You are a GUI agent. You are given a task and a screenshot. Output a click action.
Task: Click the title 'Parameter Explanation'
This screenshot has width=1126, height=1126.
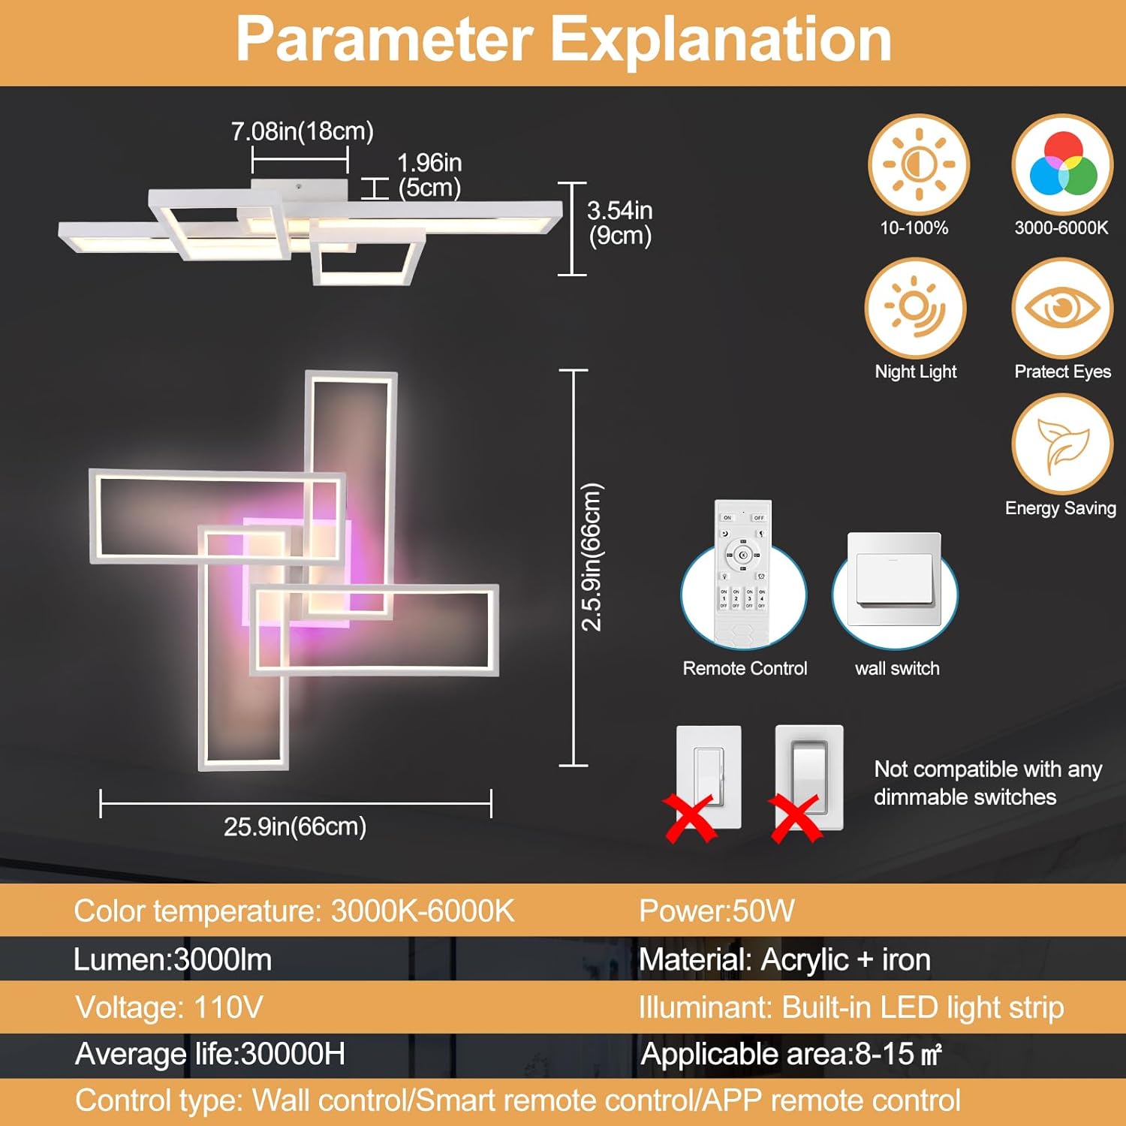point(564,41)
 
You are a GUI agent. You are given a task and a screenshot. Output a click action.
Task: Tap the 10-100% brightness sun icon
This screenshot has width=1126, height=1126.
point(919,164)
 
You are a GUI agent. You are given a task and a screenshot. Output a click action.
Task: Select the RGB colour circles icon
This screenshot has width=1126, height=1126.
point(1062,164)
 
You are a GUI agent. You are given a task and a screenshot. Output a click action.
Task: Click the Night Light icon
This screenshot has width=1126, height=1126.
point(915,308)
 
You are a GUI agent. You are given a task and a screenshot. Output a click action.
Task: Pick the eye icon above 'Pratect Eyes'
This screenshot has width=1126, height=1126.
point(1062,308)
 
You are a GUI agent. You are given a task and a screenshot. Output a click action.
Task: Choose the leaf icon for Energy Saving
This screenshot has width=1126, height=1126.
point(1062,444)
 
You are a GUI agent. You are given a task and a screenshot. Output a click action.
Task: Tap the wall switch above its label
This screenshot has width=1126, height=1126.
point(894,580)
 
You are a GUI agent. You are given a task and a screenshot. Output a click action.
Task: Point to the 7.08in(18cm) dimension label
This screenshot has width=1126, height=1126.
point(302,131)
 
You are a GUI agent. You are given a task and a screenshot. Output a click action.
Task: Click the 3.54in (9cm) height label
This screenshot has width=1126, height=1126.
point(619,222)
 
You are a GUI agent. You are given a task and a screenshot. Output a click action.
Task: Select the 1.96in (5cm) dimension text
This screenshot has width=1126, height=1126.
point(429,175)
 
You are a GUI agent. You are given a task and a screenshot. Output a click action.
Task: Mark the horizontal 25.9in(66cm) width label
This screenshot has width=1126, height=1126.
point(295,826)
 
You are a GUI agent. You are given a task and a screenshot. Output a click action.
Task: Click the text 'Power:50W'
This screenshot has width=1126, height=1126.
point(716,911)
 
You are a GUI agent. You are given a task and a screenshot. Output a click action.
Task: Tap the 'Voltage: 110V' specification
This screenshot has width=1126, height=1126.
point(169,1007)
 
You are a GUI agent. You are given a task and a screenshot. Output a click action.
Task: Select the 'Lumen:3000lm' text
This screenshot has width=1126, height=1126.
point(173,959)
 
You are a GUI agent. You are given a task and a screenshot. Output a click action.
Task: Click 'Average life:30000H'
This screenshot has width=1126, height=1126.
point(210,1054)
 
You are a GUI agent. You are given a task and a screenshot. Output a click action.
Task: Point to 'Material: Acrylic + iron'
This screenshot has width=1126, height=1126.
point(784,959)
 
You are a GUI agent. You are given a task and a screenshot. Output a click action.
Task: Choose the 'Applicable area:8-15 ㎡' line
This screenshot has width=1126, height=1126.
point(791,1054)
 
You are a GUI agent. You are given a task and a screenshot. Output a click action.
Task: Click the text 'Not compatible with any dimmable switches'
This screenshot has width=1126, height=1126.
point(987,783)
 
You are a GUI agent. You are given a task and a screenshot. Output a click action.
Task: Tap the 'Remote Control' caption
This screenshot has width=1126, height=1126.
point(745,668)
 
